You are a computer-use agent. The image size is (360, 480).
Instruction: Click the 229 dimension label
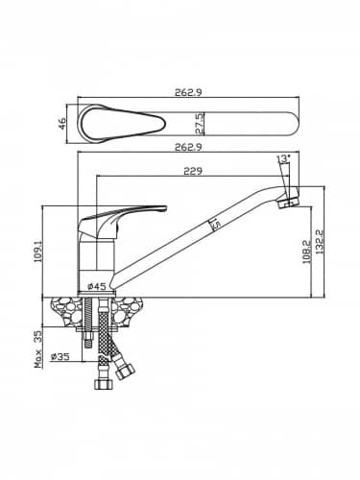coord(193,171)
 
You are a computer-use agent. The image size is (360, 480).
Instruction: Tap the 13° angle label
coord(284,158)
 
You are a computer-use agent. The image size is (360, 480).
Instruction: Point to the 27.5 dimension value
coord(199,124)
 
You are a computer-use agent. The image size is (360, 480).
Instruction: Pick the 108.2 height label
coord(306,252)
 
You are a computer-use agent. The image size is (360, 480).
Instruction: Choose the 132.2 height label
coord(320,242)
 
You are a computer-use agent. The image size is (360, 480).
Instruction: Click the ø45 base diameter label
coord(97,286)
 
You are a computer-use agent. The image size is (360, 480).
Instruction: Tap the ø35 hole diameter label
coord(60,356)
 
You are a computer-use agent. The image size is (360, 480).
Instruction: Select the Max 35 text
coord(38,349)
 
